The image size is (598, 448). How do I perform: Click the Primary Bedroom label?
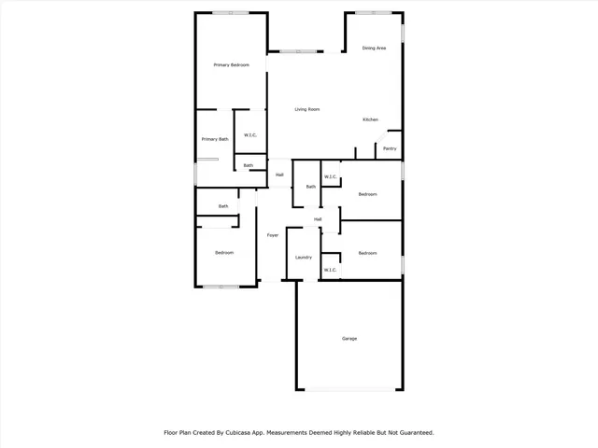[x=231, y=64]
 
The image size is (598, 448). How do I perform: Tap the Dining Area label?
[x=374, y=48]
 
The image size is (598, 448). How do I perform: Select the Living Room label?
[x=307, y=109]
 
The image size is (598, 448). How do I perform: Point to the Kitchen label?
[x=370, y=119]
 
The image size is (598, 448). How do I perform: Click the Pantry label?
[x=390, y=148]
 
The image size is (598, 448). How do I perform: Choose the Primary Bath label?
[x=214, y=139]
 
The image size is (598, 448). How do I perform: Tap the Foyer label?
[x=273, y=234]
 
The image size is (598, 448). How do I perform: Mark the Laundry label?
[x=303, y=257]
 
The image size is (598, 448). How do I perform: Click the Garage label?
[x=349, y=338]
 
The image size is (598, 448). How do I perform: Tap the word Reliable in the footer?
[x=360, y=432]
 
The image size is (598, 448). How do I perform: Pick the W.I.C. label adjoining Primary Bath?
[x=250, y=136]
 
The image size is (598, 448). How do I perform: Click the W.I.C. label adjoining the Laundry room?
[x=330, y=270]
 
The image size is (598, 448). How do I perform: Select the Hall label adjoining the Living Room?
[x=279, y=175]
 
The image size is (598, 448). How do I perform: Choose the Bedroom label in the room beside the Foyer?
[x=224, y=253]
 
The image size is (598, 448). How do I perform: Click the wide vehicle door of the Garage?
[x=350, y=388]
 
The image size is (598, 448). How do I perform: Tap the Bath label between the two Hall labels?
[x=310, y=187]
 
